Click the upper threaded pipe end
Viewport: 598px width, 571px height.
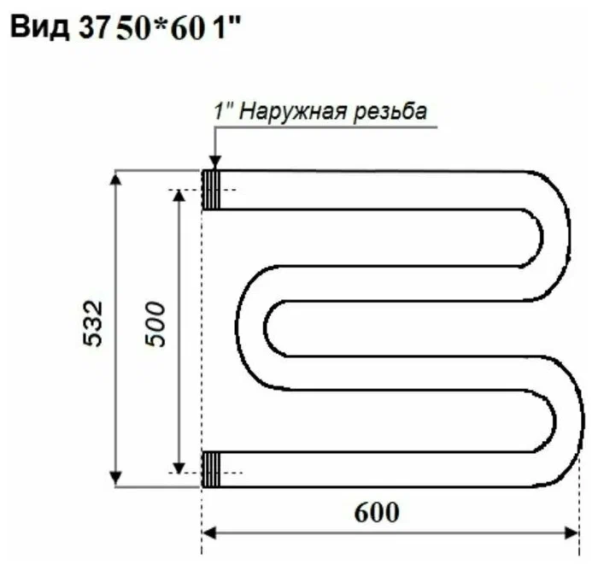211,190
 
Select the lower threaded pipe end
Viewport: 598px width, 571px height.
211,468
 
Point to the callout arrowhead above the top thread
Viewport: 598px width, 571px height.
214,162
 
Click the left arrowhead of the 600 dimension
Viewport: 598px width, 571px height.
209,532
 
